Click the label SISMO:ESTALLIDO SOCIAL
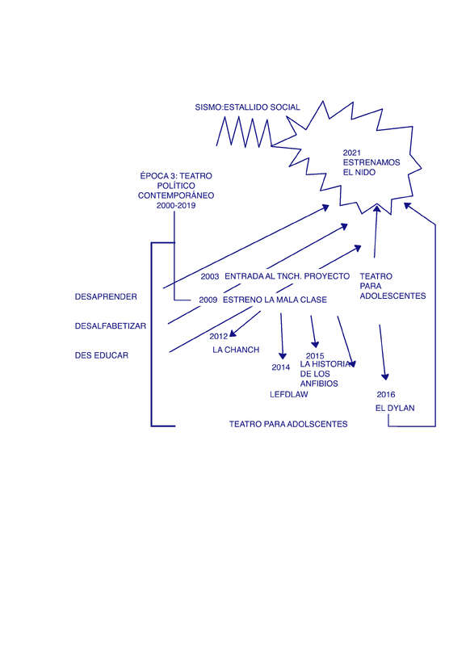pyautogui.click(x=248, y=107)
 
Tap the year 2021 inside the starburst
pyautogui.click(x=352, y=153)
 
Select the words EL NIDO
pyautogui.click(x=359, y=172)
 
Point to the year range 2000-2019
pyautogui.click(x=176, y=205)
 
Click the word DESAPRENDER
pyautogui.click(x=106, y=296)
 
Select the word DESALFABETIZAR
pyautogui.click(x=111, y=326)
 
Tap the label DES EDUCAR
pyautogui.click(x=101, y=355)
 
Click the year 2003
pyautogui.click(x=210, y=276)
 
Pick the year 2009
pyautogui.click(x=208, y=300)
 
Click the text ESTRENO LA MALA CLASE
pyautogui.click(x=275, y=300)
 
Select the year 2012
pyautogui.click(x=218, y=337)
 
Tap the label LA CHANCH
pyautogui.click(x=236, y=350)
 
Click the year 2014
pyautogui.click(x=280, y=367)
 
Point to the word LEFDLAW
pyautogui.click(x=289, y=394)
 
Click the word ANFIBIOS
pyautogui.click(x=319, y=384)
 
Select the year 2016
pyautogui.click(x=386, y=395)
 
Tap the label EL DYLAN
pyautogui.click(x=395, y=408)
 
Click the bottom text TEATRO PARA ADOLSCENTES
pyautogui.click(x=288, y=424)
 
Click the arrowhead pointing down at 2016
pyautogui.click(x=385, y=376)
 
